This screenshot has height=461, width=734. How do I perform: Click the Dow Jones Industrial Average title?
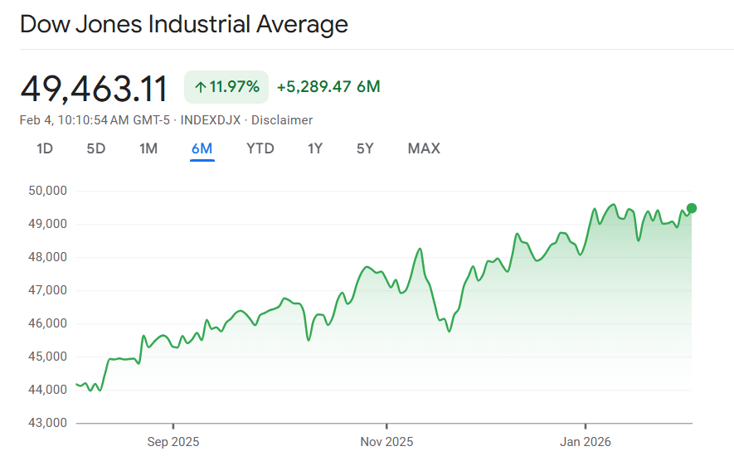183,24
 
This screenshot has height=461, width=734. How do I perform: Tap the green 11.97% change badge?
226,87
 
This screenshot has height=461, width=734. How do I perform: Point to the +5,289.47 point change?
314,87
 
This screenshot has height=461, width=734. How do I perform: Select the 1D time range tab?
45,149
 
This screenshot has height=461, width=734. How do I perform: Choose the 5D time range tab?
96,149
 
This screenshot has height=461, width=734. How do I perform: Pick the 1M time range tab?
148,149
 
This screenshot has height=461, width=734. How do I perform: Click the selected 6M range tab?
202,149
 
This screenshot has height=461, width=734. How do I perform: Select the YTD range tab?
260,149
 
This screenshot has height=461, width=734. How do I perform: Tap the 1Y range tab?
315,149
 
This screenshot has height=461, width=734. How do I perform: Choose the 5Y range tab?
365,149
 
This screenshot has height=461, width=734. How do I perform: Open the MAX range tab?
424,149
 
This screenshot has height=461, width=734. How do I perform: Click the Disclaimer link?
282,120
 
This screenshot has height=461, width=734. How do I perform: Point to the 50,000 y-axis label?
47,191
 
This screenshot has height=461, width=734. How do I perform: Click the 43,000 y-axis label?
47,423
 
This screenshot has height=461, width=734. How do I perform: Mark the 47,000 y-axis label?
47,290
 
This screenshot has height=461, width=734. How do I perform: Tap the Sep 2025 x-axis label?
173,441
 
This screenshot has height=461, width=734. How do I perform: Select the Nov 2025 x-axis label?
386,441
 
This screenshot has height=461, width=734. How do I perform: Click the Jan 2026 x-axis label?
585,441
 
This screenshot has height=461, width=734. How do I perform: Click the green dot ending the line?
692,208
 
